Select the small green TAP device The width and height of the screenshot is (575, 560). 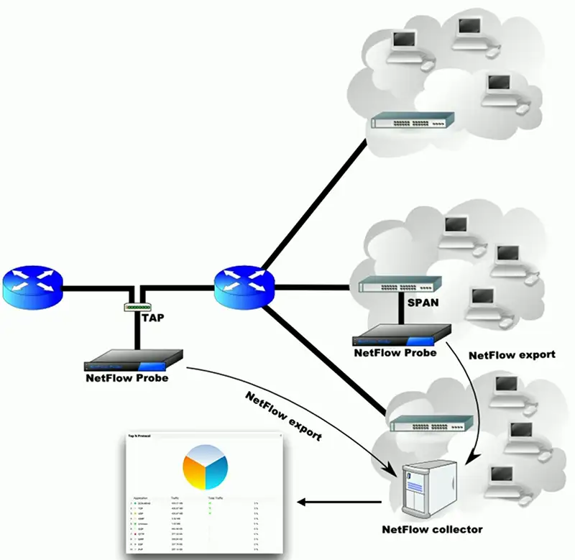137,308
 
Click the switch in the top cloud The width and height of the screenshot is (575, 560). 413,122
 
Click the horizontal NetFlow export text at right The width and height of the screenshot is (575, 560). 512,354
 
